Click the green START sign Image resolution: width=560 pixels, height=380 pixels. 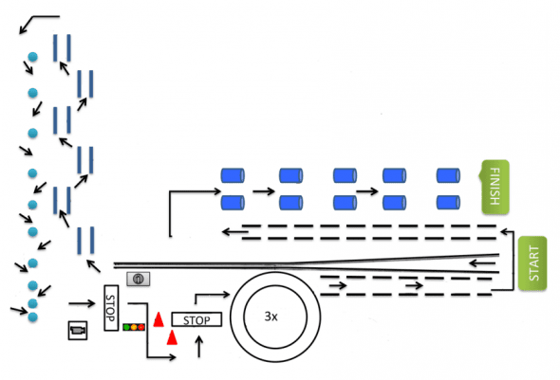pyautogui.click(x=532, y=263)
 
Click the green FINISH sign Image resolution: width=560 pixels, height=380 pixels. pyautogui.click(x=495, y=187)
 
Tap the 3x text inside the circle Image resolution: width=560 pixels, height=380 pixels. pyautogui.click(x=271, y=317)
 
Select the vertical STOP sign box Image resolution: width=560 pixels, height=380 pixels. pyautogui.click(x=111, y=308)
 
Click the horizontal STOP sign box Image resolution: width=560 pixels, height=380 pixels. pyautogui.click(x=196, y=319)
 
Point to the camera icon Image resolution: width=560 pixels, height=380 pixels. pyautogui.click(x=78, y=330)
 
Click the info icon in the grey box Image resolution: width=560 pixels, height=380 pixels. pyautogui.click(x=139, y=279)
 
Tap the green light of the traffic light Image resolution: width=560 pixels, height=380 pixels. pyautogui.click(x=126, y=327)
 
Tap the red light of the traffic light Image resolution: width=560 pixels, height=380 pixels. pyautogui.click(x=141, y=327)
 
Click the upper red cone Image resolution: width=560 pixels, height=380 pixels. pyautogui.click(x=159, y=319)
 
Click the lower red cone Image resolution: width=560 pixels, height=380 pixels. pyautogui.click(x=172, y=337)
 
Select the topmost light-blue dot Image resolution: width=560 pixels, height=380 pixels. pyautogui.click(x=33, y=57)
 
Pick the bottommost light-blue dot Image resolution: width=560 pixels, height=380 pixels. pyautogui.click(x=33, y=317)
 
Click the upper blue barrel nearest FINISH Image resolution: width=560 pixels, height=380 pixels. pyautogui.click(x=448, y=175)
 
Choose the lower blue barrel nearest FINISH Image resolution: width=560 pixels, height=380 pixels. pyautogui.click(x=448, y=203)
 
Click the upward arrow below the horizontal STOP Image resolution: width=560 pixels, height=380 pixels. pyautogui.click(x=199, y=347)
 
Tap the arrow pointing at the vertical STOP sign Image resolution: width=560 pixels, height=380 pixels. pyautogui.click(x=83, y=303)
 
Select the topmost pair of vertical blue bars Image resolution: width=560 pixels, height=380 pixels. pyautogui.click(x=62, y=47)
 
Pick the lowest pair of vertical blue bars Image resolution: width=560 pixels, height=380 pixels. pyautogui.click(x=85, y=241)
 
